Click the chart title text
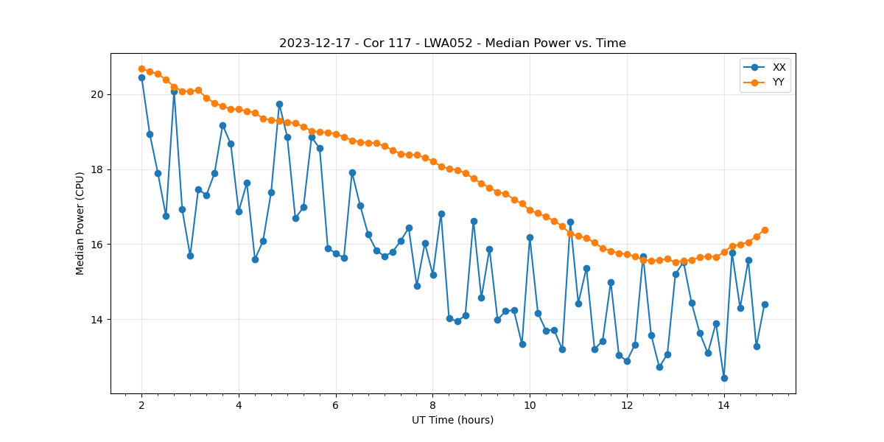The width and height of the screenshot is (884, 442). [452, 43]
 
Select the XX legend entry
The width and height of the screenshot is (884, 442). [779, 67]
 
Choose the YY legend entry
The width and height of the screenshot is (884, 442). [778, 83]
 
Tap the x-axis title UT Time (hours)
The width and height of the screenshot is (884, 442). [452, 421]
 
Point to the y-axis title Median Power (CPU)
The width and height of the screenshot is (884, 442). [80, 223]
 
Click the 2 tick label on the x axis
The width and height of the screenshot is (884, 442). [141, 405]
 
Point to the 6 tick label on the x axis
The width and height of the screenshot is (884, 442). [336, 405]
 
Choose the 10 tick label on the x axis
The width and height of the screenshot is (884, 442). [530, 405]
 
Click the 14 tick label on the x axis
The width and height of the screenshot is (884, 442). [724, 405]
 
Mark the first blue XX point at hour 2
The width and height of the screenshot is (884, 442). [141, 77]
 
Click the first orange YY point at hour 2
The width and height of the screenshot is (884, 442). [141, 69]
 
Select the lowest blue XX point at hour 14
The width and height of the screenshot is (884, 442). [724, 378]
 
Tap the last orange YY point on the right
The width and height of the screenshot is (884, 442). [765, 230]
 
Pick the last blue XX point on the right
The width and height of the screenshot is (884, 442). [765, 304]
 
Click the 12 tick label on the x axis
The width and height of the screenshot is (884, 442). [627, 405]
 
